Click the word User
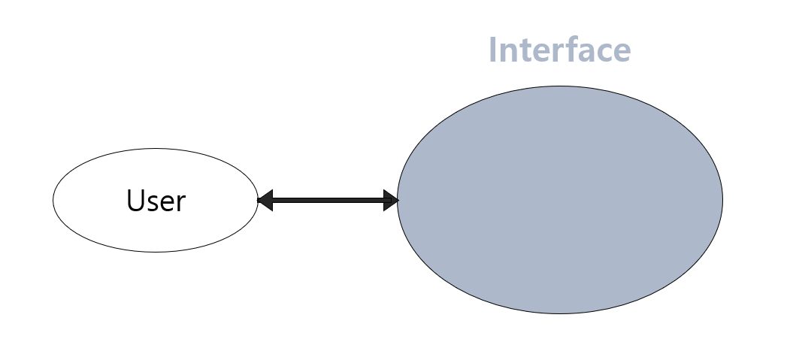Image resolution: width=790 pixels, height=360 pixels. click(156, 201)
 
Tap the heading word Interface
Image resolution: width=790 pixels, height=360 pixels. click(559, 50)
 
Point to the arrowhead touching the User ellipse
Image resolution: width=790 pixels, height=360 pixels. click(265, 201)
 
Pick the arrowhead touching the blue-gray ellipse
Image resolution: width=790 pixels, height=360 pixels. click(390, 201)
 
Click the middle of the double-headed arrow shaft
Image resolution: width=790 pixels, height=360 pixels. click(328, 201)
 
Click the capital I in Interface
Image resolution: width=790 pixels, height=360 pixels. click(493, 50)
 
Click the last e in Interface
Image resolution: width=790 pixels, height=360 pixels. click(619, 52)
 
